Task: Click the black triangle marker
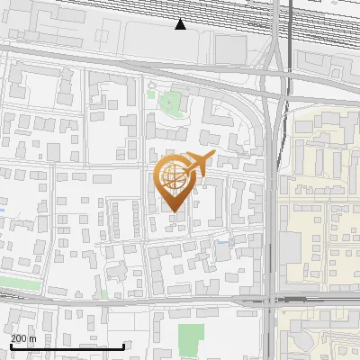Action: pos(181,24)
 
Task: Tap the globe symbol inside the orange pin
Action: pos(172,176)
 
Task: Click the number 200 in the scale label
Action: pos(18,337)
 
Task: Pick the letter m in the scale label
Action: pos(32,337)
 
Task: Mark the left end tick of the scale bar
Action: pos(11,346)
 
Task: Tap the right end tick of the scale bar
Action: pos(123,346)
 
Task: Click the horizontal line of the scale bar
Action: pos(67,347)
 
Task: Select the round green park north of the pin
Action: pos(168,103)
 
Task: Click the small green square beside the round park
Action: pos(152,88)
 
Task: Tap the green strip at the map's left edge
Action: pos(11,283)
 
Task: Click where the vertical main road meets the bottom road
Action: pos(271,300)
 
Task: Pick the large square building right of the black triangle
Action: pos(230,49)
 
